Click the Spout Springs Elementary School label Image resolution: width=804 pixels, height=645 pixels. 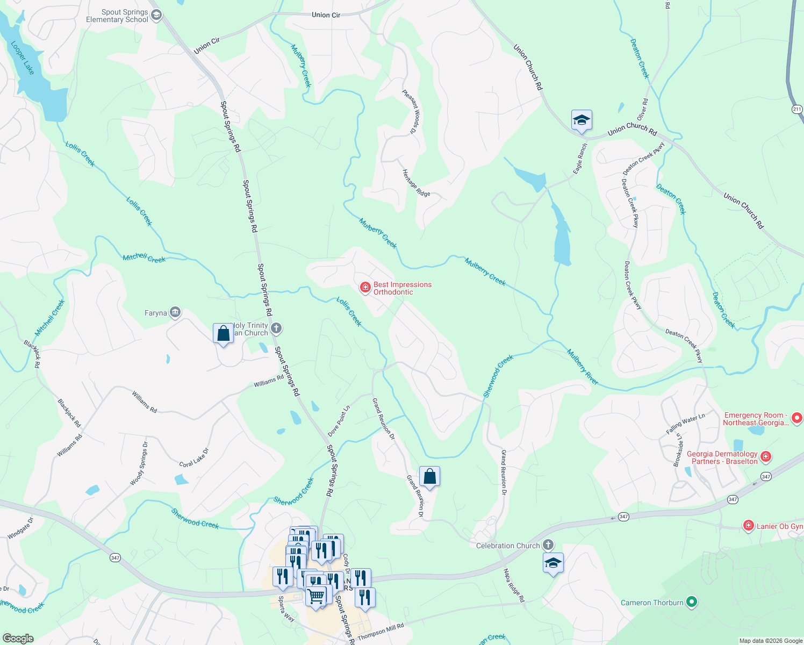point(117,16)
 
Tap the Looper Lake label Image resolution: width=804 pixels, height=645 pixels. point(23,58)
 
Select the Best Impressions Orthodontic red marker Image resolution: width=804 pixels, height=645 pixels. point(365,288)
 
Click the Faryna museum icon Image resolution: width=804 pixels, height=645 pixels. point(175,312)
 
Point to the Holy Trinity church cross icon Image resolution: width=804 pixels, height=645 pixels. point(276,328)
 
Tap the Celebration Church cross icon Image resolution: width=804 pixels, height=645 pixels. point(548,545)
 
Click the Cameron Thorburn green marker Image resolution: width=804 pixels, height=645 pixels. point(692,602)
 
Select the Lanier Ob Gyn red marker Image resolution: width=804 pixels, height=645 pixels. point(748,526)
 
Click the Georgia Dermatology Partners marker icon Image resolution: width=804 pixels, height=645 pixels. point(766,457)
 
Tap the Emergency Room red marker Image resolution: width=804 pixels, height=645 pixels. point(797,418)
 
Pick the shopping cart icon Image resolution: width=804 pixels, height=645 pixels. point(316,596)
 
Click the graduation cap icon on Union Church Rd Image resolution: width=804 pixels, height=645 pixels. point(582,120)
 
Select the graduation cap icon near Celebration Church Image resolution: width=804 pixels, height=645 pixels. point(553,563)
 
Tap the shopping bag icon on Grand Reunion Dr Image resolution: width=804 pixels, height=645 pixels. point(429,476)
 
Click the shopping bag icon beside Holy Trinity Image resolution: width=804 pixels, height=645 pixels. point(223,333)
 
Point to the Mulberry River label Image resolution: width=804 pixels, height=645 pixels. point(583,367)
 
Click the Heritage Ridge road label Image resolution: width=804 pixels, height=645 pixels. point(416,183)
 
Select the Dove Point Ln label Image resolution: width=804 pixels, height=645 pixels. point(339,421)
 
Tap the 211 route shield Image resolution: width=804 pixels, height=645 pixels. point(797,109)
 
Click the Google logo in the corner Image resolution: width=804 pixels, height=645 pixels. point(18,639)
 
